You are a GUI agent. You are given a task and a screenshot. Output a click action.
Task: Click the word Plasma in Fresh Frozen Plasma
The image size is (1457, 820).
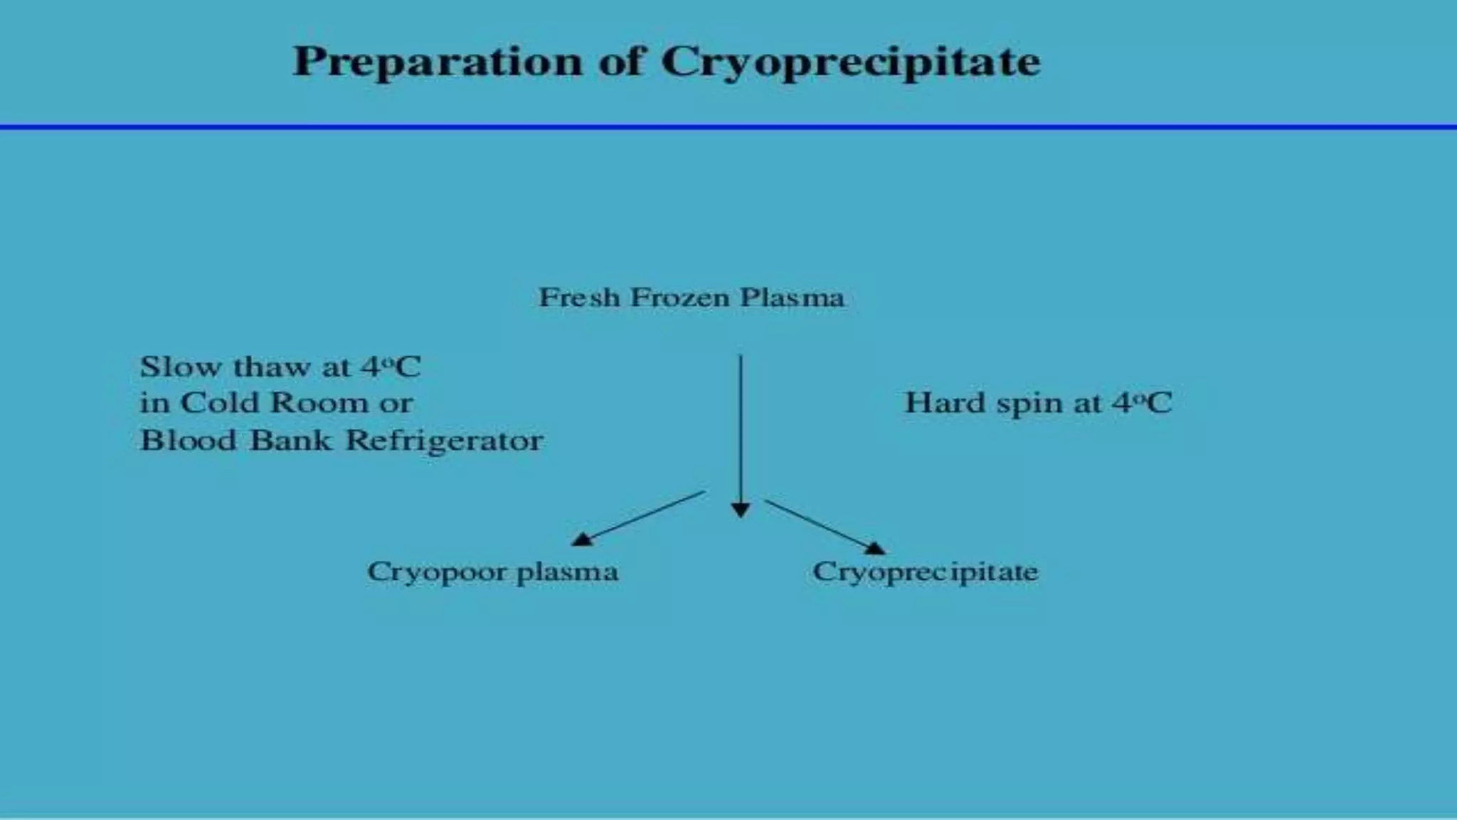[792, 297]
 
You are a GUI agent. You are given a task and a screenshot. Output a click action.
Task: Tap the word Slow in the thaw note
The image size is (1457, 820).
[181, 367]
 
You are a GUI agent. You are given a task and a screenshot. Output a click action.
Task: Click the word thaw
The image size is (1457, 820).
[272, 367]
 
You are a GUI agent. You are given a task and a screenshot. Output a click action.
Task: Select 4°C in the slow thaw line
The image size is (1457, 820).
[391, 367]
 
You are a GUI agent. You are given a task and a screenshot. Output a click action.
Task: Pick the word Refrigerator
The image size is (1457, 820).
[444, 441]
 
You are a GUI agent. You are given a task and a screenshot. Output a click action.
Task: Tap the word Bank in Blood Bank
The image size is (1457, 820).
[290, 440]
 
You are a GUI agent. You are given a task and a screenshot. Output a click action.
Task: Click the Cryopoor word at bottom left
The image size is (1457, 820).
[437, 572]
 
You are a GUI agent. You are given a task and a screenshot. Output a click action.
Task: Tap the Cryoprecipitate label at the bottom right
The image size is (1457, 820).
[925, 572]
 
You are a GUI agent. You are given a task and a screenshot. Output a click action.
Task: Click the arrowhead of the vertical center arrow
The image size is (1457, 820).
[741, 510]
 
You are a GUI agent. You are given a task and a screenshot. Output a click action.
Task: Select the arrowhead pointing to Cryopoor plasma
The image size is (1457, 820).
[583, 540]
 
